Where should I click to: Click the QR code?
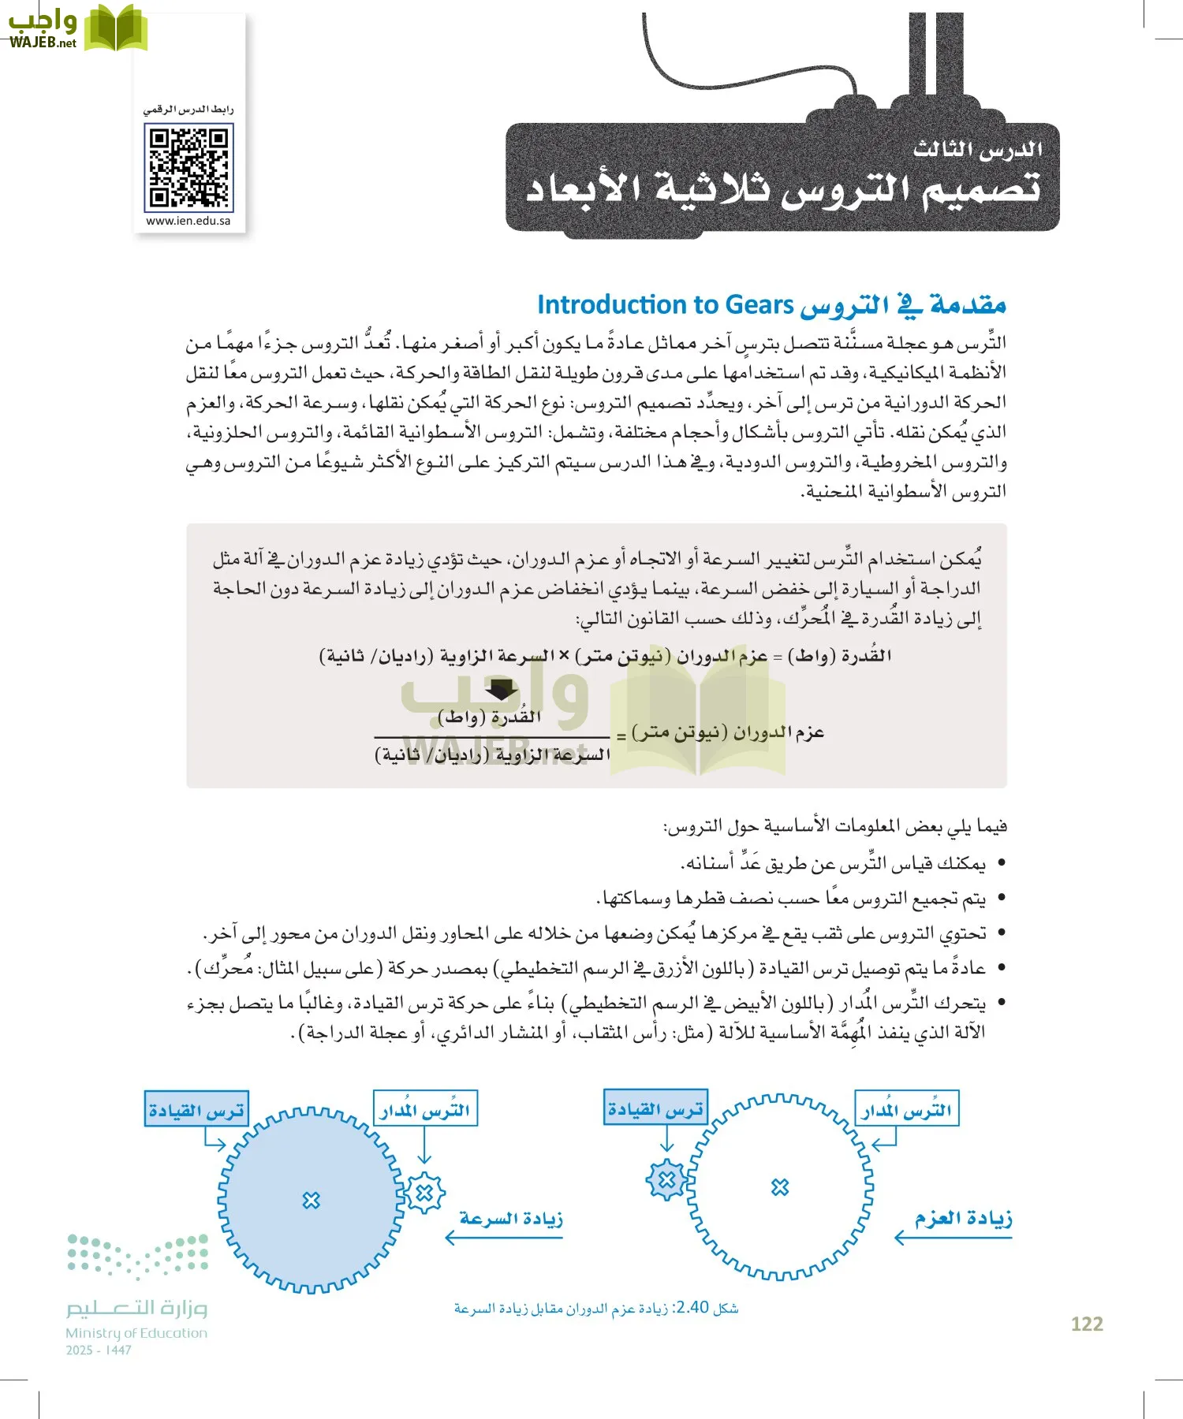(x=188, y=169)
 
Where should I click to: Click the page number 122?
(x=1086, y=1324)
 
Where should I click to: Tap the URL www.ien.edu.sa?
(x=188, y=222)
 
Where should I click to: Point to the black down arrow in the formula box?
(x=501, y=691)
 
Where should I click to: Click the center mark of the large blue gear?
(x=312, y=1200)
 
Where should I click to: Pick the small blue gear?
(x=667, y=1179)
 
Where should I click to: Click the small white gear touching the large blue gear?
(x=425, y=1193)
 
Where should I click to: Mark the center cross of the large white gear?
(x=779, y=1186)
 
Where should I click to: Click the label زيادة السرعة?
(x=511, y=1219)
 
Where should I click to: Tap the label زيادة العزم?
(x=963, y=1219)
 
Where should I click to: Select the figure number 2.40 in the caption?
(x=692, y=1307)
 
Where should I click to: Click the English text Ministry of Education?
(x=136, y=1333)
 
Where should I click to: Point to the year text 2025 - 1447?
(x=99, y=1350)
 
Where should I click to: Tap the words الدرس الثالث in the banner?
(x=977, y=150)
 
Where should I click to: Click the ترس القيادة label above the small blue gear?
(x=655, y=1109)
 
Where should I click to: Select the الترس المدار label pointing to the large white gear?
(x=906, y=1110)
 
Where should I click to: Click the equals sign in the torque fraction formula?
(x=621, y=736)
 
